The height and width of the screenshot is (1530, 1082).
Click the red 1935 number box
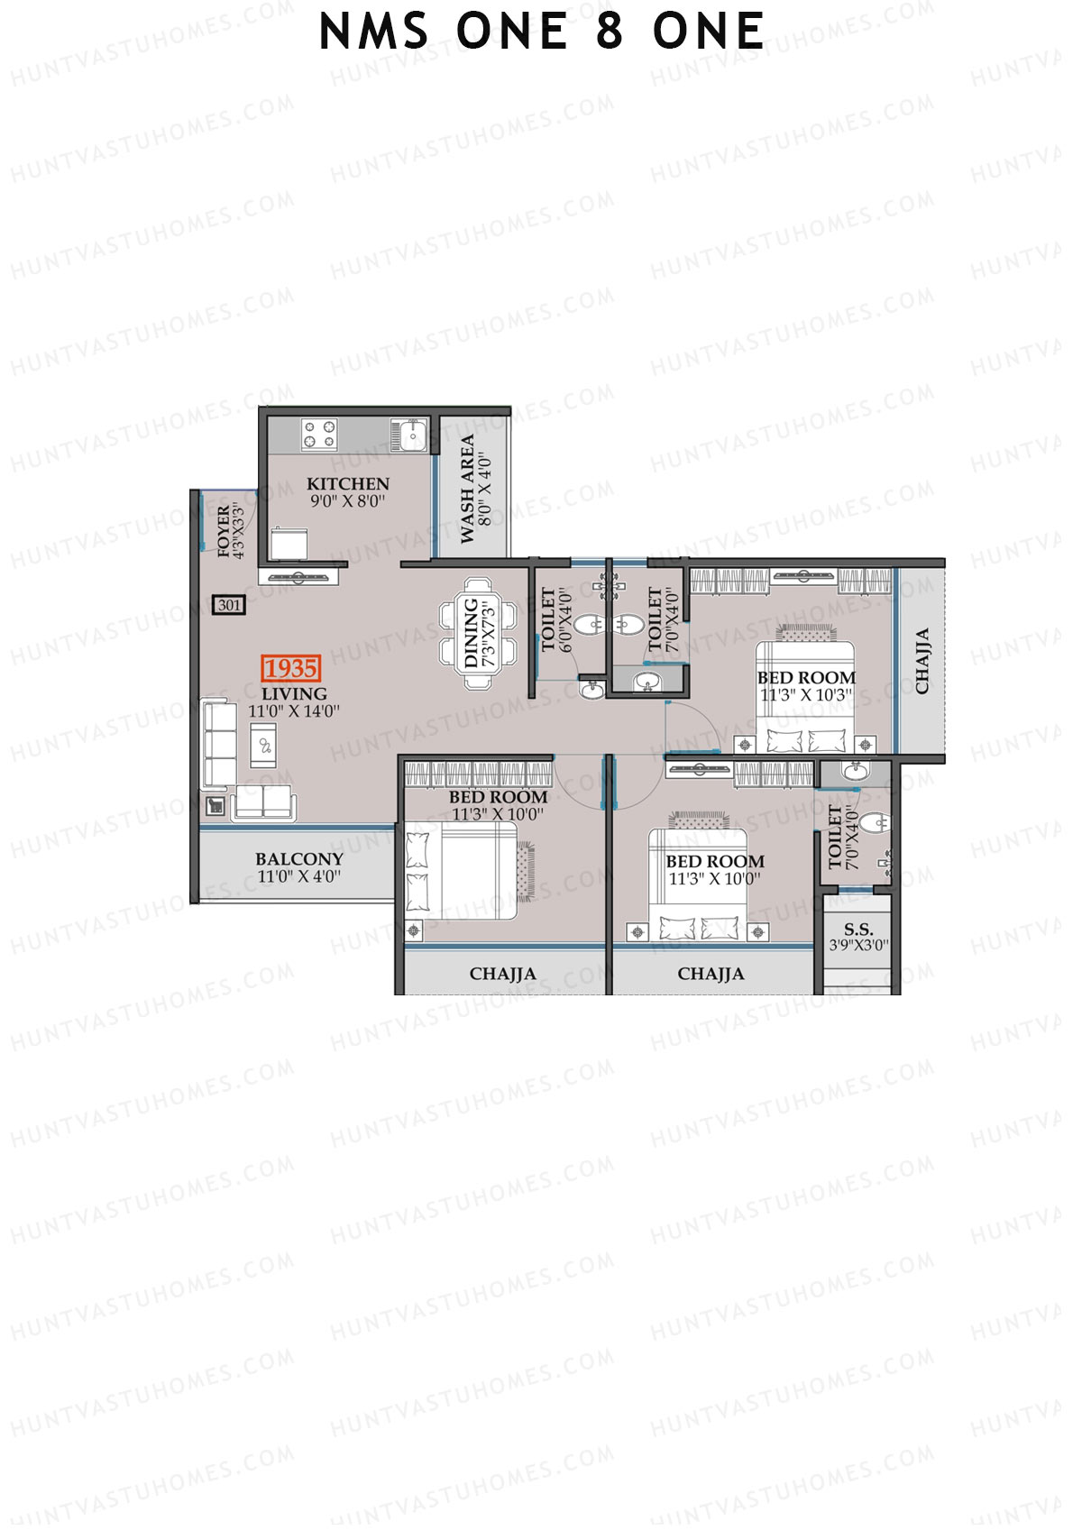(290, 668)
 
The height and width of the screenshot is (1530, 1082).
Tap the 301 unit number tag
(229, 605)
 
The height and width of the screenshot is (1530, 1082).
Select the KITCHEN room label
(347, 484)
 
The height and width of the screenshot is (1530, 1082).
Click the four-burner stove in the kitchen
(319, 434)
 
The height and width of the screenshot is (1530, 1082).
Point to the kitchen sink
(410, 435)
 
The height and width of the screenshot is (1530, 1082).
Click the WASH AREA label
(467, 490)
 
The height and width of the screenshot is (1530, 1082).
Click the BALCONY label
(298, 859)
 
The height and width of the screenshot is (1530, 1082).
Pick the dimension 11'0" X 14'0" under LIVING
(294, 711)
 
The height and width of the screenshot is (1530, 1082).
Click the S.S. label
(857, 930)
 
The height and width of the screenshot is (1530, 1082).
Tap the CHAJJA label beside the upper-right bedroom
(922, 661)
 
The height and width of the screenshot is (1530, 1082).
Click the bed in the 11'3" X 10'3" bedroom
(804, 694)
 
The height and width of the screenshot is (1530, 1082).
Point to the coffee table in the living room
(264, 746)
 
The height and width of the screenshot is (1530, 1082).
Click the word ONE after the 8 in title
(709, 32)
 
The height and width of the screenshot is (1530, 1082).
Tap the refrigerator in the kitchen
(290, 545)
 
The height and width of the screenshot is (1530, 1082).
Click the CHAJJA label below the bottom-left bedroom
(502, 975)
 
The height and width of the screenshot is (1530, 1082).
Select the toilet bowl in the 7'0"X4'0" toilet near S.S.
(870, 823)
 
